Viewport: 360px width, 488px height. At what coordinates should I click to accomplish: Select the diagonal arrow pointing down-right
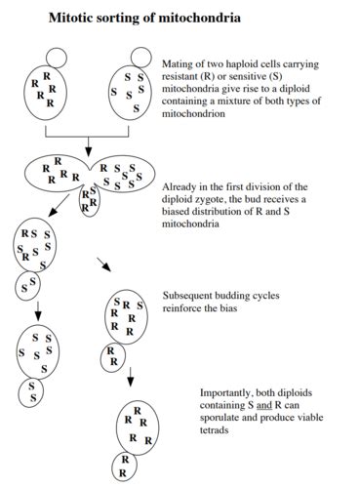[x=101, y=264]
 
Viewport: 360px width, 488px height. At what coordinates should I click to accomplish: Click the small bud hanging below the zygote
[x=88, y=201]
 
